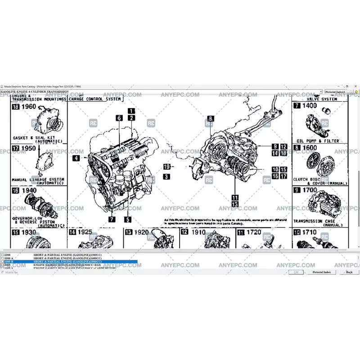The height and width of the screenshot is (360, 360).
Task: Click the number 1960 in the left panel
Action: pyautogui.click(x=29, y=107)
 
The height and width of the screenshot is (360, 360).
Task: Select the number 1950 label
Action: pyautogui.click(x=28, y=148)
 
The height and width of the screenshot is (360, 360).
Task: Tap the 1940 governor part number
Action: pyautogui.click(x=28, y=190)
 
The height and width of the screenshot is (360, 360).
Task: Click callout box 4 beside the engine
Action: pyautogui.click(x=76, y=158)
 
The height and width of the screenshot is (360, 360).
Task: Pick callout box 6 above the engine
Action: pyautogui.click(x=119, y=118)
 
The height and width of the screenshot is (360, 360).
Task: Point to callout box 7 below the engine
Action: pyautogui.click(x=112, y=220)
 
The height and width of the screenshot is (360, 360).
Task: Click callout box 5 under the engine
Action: pyautogui.click(x=128, y=220)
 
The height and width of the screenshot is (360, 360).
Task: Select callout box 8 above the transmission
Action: pyautogui.click(x=211, y=119)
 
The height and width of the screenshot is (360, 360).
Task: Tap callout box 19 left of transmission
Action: pyautogui.click(x=166, y=166)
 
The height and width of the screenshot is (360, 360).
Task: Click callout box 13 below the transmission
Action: pyautogui.click(x=235, y=204)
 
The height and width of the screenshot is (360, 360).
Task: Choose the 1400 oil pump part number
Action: pyautogui.click(x=310, y=106)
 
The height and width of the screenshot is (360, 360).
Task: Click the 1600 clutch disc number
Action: pyautogui.click(x=310, y=148)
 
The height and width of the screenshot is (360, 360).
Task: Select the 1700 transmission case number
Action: pyautogui.click(x=310, y=190)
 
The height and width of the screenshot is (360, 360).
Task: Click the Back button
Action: pyautogui.click(x=349, y=272)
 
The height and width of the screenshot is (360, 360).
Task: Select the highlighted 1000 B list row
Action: pyautogui.click(x=67, y=261)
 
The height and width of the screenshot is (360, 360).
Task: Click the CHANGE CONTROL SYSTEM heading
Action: pyautogui.click(x=95, y=99)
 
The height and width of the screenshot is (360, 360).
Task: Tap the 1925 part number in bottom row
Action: pyautogui.click(x=85, y=232)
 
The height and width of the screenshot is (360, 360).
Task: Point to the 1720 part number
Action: pyautogui.click(x=253, y=232)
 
